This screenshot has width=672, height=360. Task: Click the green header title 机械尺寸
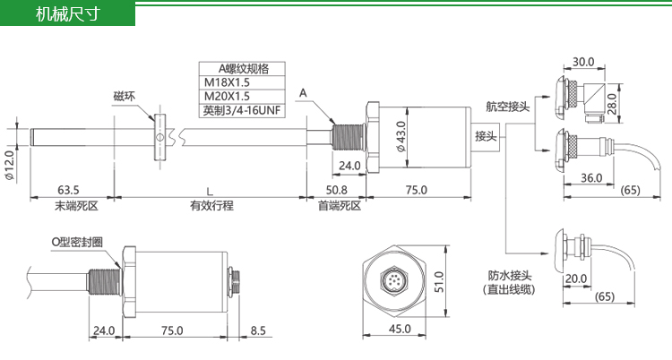point(68,14)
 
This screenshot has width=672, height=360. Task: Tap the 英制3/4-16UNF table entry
point(242,110)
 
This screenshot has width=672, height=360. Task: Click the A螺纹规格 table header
point(242,69)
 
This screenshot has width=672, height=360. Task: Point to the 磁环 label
point(125,96)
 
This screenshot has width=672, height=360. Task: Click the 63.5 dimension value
point(68,190)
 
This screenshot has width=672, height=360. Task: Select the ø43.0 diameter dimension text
point(401,136)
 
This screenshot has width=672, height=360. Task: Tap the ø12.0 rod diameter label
point(10,165)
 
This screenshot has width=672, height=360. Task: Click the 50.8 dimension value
point(336,190)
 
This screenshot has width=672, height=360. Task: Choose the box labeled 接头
point(486,136)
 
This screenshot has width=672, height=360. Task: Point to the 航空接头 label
point(508,107)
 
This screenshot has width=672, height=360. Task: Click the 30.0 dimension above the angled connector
point(583,62)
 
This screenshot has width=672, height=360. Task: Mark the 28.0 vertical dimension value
point(612,103)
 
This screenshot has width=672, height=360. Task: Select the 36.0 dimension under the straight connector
point(591,178)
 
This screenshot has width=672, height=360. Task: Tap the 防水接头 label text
point(510,275)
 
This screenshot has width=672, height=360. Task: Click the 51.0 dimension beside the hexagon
point(439,281)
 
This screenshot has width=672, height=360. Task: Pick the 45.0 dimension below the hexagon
point(400,329)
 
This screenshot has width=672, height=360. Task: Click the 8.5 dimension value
point(258,330)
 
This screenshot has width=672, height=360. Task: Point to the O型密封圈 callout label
point(77,242)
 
